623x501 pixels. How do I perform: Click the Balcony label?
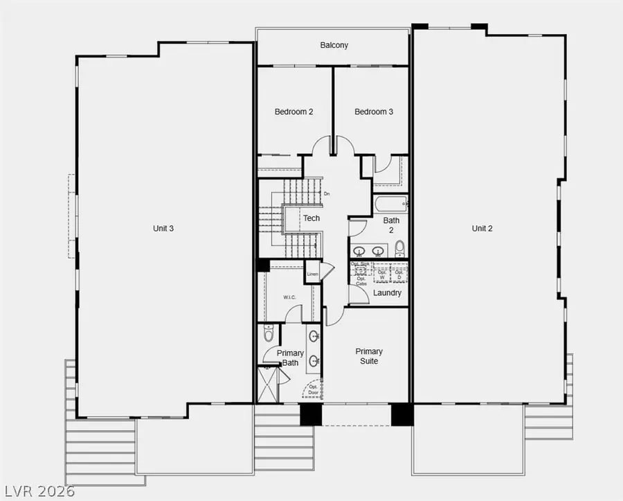pos(334,46)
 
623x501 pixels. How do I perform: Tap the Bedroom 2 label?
pos(294,112)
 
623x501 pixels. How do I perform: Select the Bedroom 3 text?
pos(374,112)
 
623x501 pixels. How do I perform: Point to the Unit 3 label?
pos(163,228)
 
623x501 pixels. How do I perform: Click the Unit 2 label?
pos(482,228)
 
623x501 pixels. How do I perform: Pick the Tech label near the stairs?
pos(311,218)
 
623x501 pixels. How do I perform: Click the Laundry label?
pos(387,293)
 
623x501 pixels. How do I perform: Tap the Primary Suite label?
pos(369,356)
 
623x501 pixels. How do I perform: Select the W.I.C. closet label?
pos(289,297)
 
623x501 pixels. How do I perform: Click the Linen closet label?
pos(312,274)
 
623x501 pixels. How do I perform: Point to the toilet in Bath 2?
pos(399,249)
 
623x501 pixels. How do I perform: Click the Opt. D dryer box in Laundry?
pos(399,274)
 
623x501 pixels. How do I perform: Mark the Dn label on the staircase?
pos(327,194)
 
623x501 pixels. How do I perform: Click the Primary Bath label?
pos(290,358)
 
